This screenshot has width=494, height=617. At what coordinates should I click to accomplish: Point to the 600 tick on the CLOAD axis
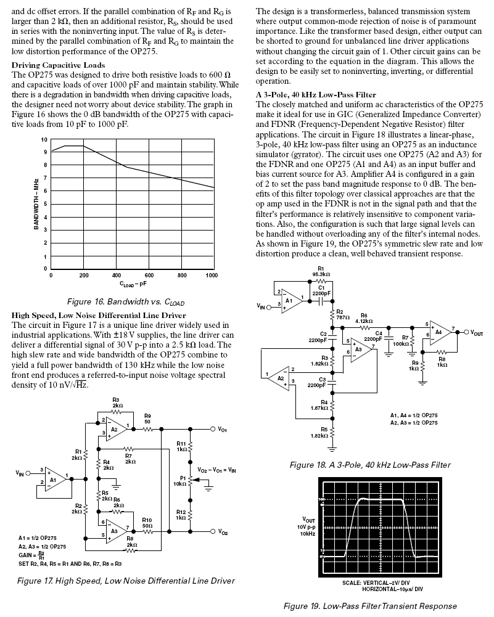pyautogui.click(x=149, y=276)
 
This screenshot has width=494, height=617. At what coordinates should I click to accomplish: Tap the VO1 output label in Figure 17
pyautogui.click(x=223, y=429)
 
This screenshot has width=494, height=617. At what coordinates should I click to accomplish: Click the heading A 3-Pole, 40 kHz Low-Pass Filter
pyautogui.click(x=316, y=95)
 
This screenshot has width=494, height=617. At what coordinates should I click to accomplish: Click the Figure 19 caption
pyautogui.click(x=370, y=606)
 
